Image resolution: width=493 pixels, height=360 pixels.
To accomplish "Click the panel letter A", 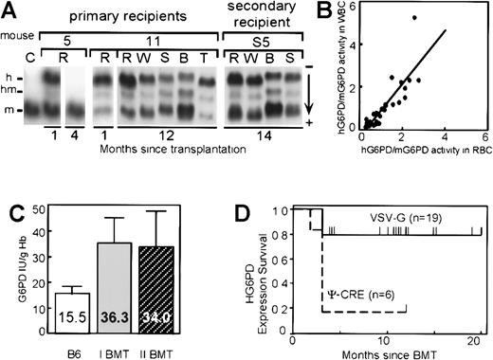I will (12, 10).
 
